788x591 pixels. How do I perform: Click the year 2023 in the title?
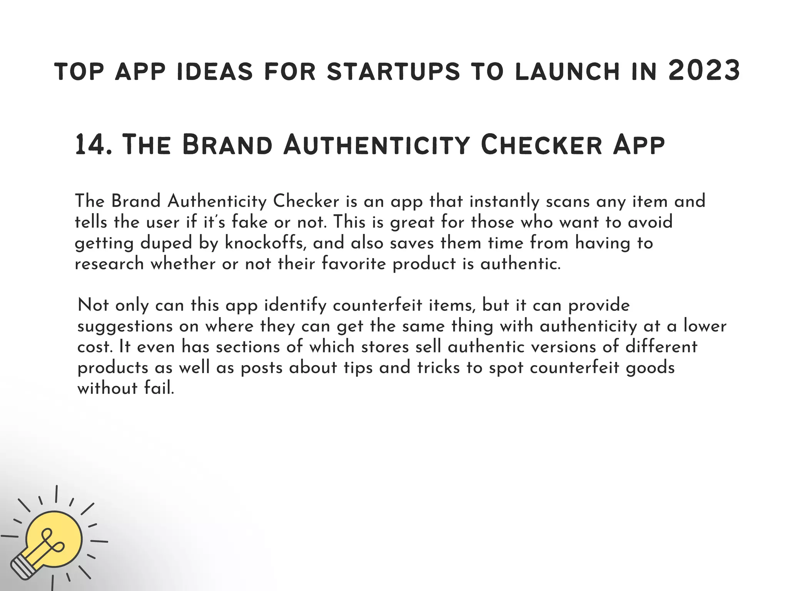[x=704, y=71]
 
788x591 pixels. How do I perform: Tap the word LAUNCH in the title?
[x=567, y=72]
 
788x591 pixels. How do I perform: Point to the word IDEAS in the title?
[x=214, y=72]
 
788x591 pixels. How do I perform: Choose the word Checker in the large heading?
[x=541, y=145]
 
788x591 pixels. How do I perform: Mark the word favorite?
[x=353, y=264]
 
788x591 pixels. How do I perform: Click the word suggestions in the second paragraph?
[x=125, y=326]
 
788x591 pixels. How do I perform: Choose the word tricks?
[x=438, y=367]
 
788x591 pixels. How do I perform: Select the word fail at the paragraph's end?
[x=159, y=388]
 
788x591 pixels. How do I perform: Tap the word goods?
[x=650, y=368]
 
